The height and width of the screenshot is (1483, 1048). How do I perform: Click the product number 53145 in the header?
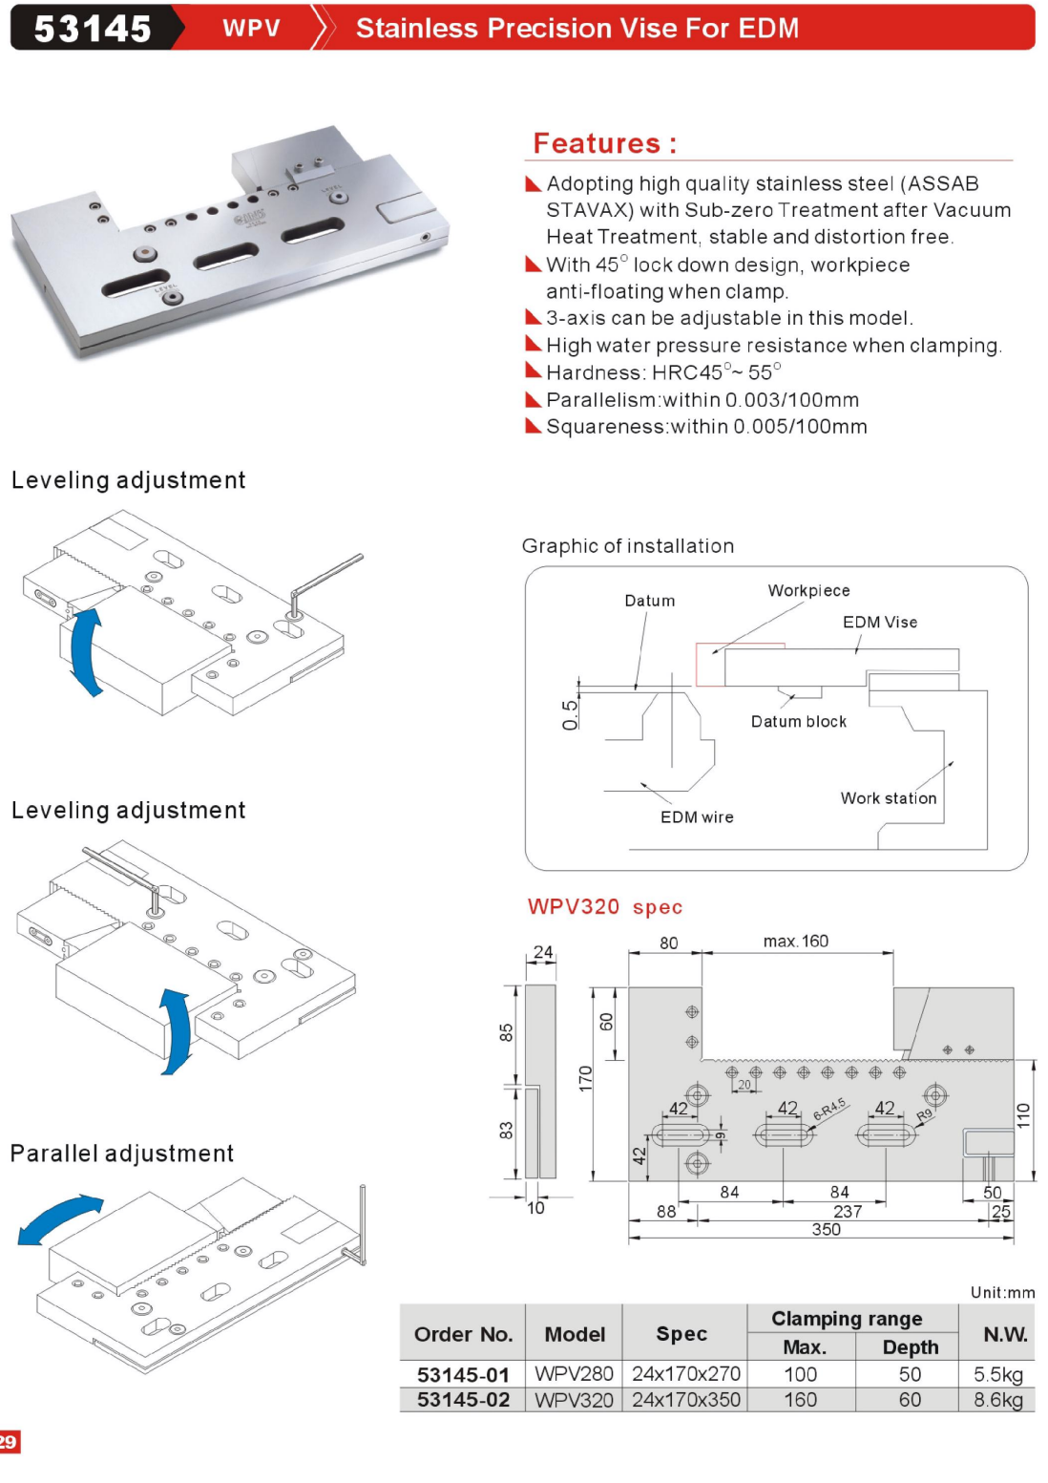(x=93, y=29)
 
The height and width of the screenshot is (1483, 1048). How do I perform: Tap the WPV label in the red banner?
(x=251, y=29)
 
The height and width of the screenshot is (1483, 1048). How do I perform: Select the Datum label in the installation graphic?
(x=649, y=601)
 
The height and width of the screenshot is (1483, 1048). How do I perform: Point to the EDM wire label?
(x=697, y=817)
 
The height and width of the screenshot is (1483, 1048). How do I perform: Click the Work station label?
(x=888, y=798)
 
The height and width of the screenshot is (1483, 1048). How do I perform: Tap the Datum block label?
(x=798, y=722)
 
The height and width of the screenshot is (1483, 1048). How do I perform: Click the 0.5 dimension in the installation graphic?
(x=570, y=714)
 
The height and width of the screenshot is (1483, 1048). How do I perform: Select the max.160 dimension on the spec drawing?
(x=795, y=942)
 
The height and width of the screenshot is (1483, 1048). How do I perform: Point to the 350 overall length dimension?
(x=826, y=1230)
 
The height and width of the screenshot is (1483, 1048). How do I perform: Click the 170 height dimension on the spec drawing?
(x=585, y=1078)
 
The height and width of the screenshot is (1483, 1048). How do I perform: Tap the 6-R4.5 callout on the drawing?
(x=829, y=1110)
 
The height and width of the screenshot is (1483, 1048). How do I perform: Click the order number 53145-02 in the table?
(x=463, y=1400)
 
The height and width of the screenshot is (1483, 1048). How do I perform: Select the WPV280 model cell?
(x=574, y=1374)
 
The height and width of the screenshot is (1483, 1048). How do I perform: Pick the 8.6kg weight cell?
(x=997, y=1400)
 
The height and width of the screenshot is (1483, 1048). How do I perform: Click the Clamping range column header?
(x=847, y=1319)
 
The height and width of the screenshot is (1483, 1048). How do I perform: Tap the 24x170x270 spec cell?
(x=685, y=1374)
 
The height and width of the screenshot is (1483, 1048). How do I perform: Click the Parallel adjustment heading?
(x=122, y=1154)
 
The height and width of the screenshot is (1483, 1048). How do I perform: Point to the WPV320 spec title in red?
(x=604, y=907)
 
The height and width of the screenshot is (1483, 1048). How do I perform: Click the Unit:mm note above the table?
(x=1002, y=1293)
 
